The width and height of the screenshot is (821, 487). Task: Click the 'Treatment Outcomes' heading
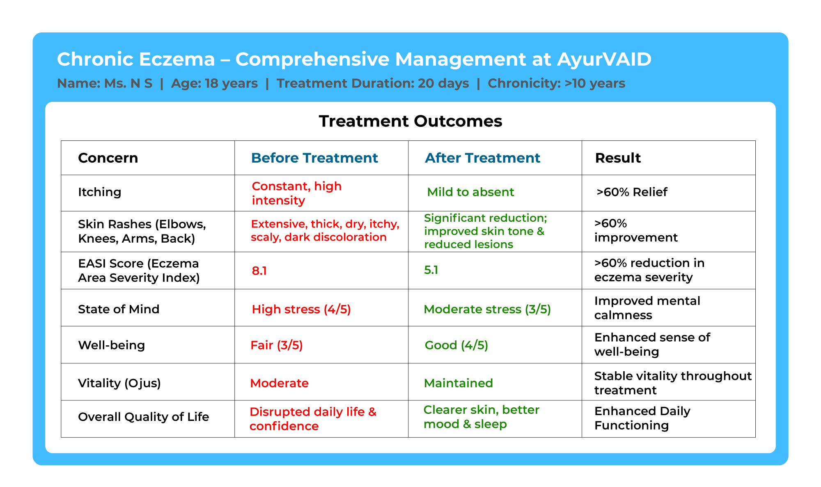click(410, 121)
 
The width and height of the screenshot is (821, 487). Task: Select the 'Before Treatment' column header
click(314, 158)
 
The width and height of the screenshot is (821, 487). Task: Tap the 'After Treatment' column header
click(482, 158)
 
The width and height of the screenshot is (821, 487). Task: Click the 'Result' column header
click(618, 158)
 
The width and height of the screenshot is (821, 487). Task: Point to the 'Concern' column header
click(108, 158)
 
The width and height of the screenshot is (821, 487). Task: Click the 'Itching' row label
click(99, 192)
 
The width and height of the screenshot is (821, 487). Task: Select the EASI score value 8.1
click(259, 271)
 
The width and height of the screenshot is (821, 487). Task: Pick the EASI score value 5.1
click(431, 270)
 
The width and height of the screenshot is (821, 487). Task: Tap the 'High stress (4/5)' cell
click(301, 309)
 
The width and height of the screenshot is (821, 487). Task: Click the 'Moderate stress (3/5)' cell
click(487, 309)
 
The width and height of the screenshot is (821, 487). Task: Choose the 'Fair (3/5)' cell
click(277, 345)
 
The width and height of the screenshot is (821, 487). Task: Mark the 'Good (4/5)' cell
click(456, 345)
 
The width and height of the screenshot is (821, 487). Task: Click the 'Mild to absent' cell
click(470, 192)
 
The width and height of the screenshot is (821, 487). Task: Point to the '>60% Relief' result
click(632, 192)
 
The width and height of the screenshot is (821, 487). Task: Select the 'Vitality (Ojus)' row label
click(119, 383)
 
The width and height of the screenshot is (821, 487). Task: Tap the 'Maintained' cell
click(459, 383)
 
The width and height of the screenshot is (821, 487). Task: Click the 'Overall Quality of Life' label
click(144, 417)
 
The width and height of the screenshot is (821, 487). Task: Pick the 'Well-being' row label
click(112, 345)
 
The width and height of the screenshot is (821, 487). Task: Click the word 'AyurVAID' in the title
click(604, 59)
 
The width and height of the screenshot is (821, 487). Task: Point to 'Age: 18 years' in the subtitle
click(214, 83)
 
